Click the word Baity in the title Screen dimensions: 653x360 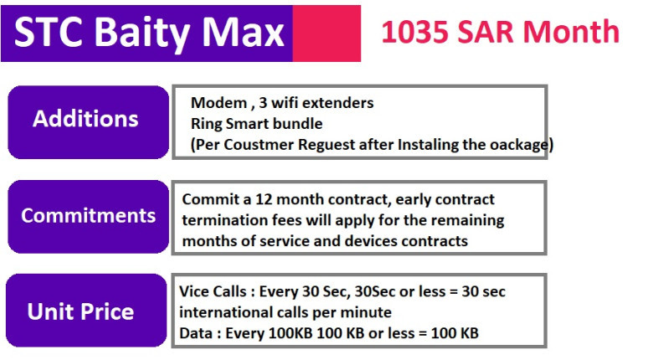click(x=142, y=33)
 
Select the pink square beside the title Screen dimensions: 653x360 click(x=326, y=33)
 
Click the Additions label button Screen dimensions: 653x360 click(x=88, y=122)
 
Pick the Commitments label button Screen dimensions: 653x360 click(x=88, y=217)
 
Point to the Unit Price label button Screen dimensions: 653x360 click(x=86, y=311)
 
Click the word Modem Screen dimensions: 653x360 click(x=219, y=103)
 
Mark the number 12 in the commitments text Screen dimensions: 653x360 click(x=263, y=199)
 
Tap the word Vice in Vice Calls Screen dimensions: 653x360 click(x=193, y=291)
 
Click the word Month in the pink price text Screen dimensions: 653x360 click(x=571, y=32)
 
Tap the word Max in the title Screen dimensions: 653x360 click(x=244, y=33)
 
